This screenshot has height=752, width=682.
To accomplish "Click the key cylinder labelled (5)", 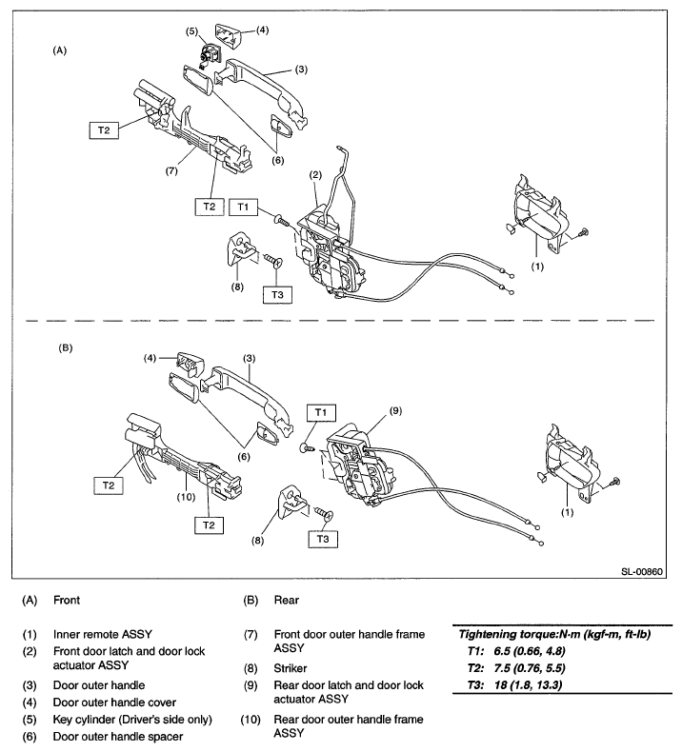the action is (x=209, y=53).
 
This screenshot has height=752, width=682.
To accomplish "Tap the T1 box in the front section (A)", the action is (x=243, y=208).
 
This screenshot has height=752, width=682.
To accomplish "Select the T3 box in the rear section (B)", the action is (x=323, y=539).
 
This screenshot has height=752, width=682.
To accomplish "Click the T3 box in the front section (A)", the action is (x=277, y=294).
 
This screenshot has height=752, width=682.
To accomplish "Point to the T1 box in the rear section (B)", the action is (x=321, y=412).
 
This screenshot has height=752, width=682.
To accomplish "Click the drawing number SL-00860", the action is (x=642, y=572).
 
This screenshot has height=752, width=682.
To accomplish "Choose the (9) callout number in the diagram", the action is (x=395, y=411).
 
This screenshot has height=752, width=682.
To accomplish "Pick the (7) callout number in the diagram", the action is (x=171, y=170).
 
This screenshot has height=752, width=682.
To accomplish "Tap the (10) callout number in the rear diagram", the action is (x=186, y=497).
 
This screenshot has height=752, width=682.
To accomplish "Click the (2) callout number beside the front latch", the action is (x=315, y=175).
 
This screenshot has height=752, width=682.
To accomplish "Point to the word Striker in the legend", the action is (x=291, y=668).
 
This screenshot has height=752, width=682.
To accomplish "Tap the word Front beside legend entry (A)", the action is (x=67, y=600).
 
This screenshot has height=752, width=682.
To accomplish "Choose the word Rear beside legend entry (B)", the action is (x=287, y=600).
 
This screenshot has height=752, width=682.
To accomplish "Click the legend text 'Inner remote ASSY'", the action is (x=103, y=634).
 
